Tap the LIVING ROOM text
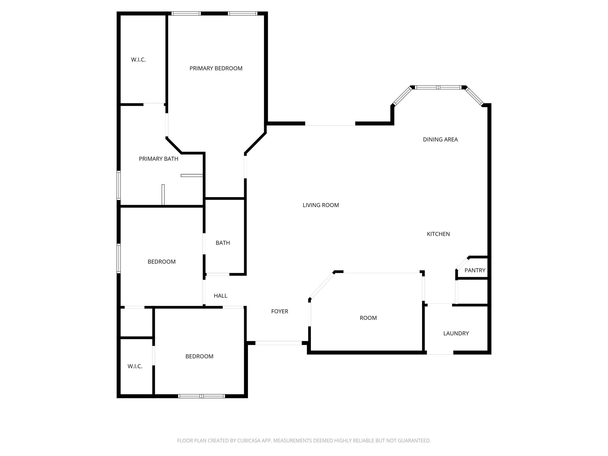[x=321, y=205]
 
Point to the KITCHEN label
[x=438, y=234]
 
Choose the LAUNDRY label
[x=456, y=333]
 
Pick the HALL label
[x=220, y=296]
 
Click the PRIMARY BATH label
[x=159, y=159]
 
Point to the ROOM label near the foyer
[x=368, y=318]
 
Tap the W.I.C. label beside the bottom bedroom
[x=135, y=366]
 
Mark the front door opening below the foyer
[x=279, y=343]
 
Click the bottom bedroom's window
[x=201, y=396]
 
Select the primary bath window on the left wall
[x=119, y=185]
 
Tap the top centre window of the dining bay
[x=438, y=87]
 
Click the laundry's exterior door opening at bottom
[x=440, y=353]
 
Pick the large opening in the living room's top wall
[x=330, y=124]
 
